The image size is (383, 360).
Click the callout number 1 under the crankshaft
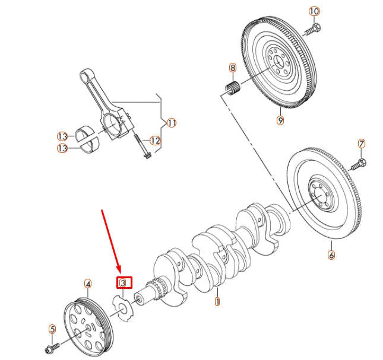click(x=217, y=302)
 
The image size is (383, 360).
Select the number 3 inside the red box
click(x=124, y=283)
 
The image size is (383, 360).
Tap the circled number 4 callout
click(x=88, y=283)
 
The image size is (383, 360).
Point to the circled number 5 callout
click(x=52, y=329)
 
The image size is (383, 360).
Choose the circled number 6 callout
click(x=331, y=256)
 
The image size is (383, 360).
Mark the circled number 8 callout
click(x=232, y=68)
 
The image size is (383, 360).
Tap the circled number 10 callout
click(x=314, y=11)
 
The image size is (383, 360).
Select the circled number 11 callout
click(x=172, y=123)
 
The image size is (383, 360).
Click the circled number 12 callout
click(x=155, y=141)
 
